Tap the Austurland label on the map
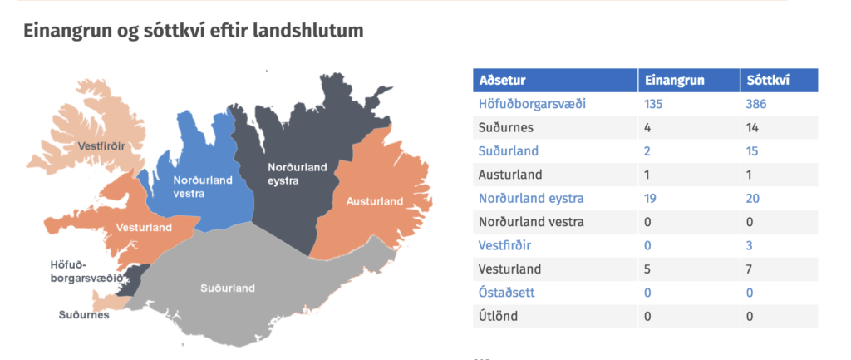coord(375,201)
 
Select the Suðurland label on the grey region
coord(228,288)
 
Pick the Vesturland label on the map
coord(145,227)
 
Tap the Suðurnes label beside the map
coord(84,315)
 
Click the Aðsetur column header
coord(502,81)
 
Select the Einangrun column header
coord(675,81)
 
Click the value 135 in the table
coord(653,104)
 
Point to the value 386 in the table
coord(756,104)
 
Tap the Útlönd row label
coord(498,315)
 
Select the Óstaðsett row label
coord(506,292)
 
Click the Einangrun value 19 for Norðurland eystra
coord(650,198)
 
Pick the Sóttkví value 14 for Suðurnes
coord(752,127)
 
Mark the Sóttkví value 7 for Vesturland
coord(750,269)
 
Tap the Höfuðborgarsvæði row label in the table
coord(532,104)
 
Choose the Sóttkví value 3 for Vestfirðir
coord(750,245)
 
